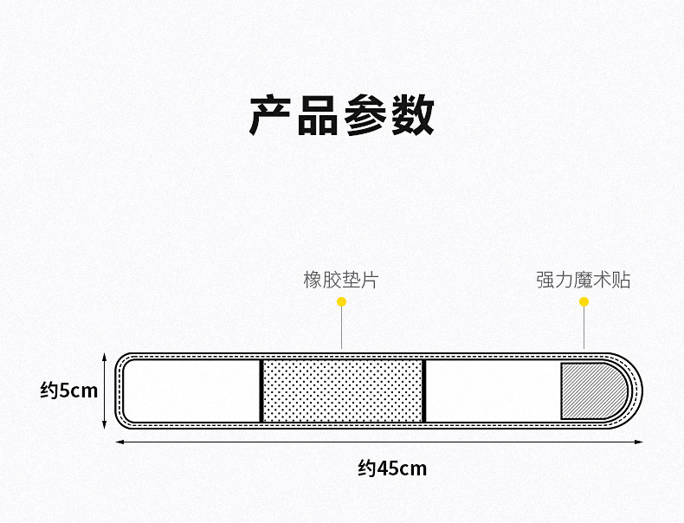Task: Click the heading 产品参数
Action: [341, 115]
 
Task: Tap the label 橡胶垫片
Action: [340, 280]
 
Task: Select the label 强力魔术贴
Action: [583, 280]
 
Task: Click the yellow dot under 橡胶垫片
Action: [341, 302]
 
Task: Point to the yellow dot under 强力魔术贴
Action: [584, 302]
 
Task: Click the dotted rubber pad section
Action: [342, 391]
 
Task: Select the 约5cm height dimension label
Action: [69, 391]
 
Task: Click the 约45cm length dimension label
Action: [392, 468]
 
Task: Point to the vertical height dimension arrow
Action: [105, 391]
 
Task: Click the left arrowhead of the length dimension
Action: [119, 442]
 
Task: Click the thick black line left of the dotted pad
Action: [261, 391]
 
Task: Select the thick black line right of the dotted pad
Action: [423, 391]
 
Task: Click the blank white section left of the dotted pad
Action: [192, 391]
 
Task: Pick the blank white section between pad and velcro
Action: [492, 391]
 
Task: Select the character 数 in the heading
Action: [412, 115]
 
